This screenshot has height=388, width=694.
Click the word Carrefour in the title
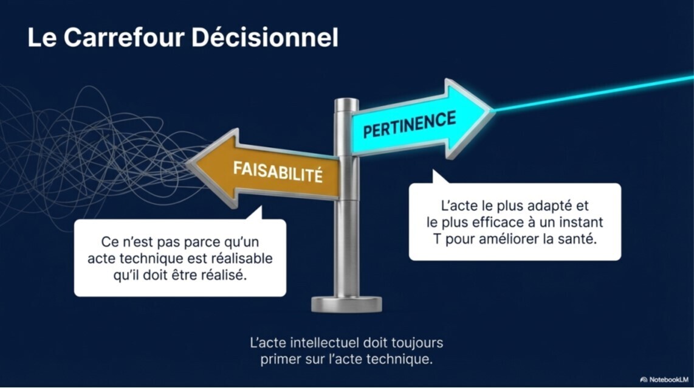123,37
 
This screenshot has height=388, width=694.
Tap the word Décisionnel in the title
265,37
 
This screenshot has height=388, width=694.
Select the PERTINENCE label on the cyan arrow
410,124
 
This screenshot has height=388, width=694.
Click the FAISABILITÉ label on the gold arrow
278,171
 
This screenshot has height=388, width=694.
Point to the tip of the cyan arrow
493,110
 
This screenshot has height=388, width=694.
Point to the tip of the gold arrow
187,164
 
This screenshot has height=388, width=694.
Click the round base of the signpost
346,304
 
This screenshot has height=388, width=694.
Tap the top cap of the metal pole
346,103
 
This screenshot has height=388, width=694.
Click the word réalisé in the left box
224,275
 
